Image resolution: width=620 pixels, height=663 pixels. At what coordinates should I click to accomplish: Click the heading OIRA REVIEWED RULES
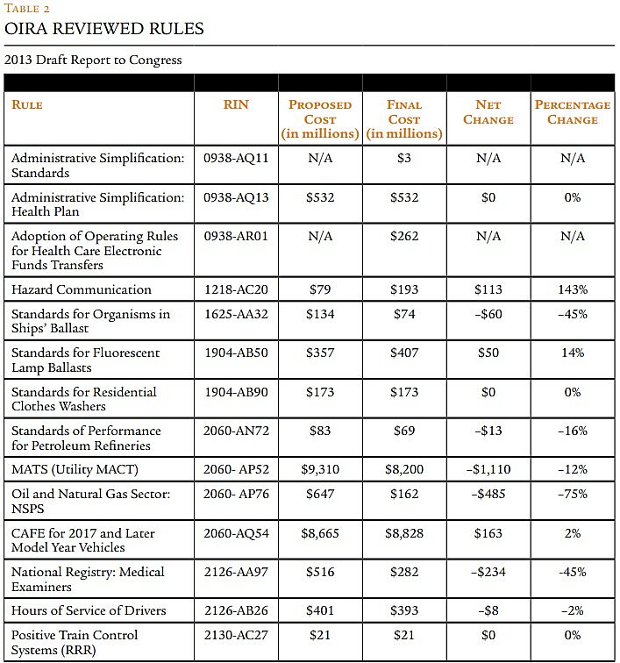[104, 29]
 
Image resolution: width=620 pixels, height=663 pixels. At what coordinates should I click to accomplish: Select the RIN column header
[236, 104]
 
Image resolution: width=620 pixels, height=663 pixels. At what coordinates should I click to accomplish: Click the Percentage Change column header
[572, 112]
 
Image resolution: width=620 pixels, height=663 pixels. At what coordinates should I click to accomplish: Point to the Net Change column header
[488, 112]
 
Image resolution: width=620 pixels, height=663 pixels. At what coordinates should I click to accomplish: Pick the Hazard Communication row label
[82, 289]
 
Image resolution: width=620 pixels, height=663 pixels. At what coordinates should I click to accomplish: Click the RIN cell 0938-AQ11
[236, 158]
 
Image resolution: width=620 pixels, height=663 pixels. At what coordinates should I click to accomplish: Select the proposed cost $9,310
[320, 469]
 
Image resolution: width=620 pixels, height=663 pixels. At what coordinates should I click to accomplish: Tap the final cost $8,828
[404, 532]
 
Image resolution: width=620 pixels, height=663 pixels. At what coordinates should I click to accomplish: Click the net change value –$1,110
[488, 469]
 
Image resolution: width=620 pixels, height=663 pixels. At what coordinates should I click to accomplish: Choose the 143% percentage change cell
[573, 289]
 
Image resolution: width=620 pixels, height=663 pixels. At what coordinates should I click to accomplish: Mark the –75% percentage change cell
[573, 494]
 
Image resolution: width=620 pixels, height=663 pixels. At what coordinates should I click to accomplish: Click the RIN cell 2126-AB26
[236, 610]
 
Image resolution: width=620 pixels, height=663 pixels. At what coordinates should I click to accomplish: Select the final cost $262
[404, 236]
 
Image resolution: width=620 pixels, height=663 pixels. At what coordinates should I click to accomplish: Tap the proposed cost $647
[320, 494]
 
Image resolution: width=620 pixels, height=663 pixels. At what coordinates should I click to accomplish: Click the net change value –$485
[488, 494]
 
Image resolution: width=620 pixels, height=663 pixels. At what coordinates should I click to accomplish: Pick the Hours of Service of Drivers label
[89, 610]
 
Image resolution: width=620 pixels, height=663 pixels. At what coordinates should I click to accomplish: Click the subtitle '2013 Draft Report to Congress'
[93, 60]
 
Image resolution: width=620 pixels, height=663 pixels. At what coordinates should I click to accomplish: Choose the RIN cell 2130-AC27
[236, 634]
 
